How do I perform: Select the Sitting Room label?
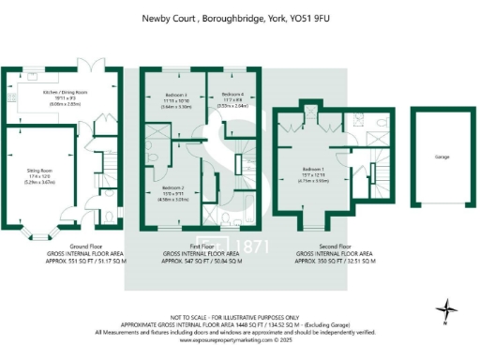coord(37,171)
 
